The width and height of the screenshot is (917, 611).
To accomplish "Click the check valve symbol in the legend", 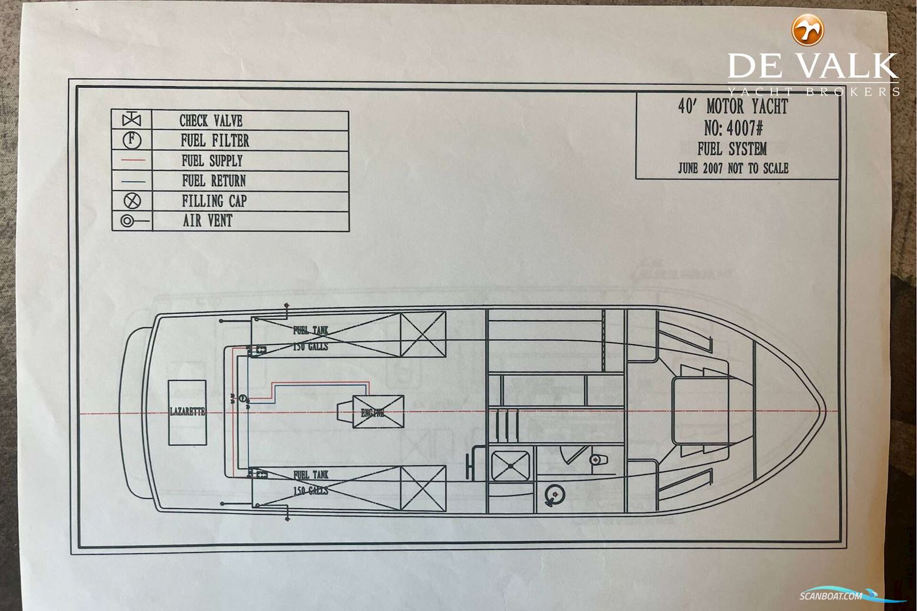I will [132, 120].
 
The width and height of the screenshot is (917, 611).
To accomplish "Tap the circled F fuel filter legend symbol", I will [132, 140].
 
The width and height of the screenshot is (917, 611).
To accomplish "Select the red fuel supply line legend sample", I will [132, 160].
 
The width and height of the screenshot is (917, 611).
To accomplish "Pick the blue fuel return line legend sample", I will [132, 180].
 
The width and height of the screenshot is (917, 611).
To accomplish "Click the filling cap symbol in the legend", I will [132, 200].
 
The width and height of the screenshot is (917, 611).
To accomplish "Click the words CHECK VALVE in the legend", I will [210, 120].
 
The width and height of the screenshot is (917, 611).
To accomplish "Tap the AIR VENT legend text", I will [208, 221].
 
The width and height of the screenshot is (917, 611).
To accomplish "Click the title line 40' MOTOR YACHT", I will [732, 106].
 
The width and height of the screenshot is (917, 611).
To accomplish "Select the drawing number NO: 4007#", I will [733, 127].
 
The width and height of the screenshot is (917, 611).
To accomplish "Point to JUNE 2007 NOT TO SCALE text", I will [733, 168].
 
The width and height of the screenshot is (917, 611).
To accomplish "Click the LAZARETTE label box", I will [187, 412].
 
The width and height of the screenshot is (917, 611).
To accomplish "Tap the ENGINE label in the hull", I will [372, 412].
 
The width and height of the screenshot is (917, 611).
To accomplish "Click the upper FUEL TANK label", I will [311, 330].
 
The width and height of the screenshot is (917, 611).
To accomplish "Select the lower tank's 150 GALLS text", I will [310, 490].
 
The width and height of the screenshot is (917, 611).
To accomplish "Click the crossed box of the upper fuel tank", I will [423, 334].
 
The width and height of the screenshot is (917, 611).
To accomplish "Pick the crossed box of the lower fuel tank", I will [423, 488].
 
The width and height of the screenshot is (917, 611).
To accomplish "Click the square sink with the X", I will [510, 465].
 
